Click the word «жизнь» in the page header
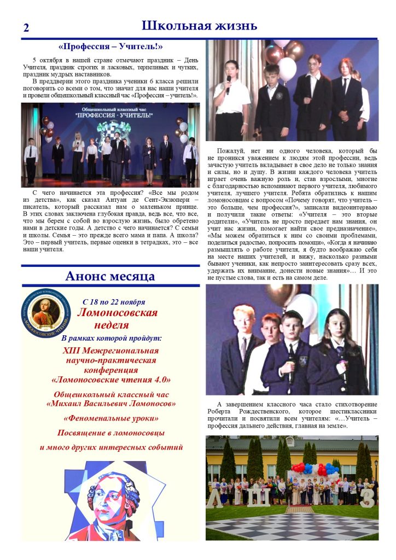[x=234, y=26]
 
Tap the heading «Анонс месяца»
[x=110, y=276]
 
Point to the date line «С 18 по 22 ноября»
[x=114, y=302]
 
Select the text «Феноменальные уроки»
[x=111, y=418]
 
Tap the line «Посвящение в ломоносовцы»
[x=110, y=433]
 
